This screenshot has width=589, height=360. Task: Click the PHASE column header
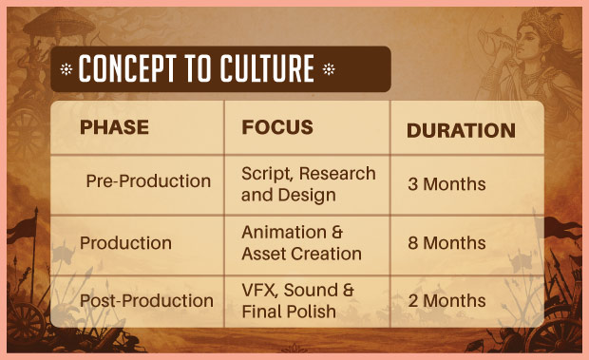(114, 127)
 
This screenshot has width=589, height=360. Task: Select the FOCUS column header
(277, 127)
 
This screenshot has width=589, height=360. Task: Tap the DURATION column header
(461, 131)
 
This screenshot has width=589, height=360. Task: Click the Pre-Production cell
(148, 180)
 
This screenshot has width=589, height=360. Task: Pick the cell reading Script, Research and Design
(309, 184)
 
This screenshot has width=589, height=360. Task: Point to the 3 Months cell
(446, 184)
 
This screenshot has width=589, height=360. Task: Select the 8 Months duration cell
(446, 243)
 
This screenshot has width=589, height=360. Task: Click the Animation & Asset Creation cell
(302, 243)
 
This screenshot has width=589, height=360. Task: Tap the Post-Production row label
(146, 301)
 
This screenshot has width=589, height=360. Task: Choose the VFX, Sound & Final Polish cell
(297, 301)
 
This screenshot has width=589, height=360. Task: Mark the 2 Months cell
(446, 301)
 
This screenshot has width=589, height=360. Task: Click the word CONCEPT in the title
(127, 68)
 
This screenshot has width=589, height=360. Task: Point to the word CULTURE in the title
(267, 68)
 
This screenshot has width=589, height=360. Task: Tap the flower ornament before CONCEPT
(66, 69)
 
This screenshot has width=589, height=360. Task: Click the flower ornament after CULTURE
(329, 69)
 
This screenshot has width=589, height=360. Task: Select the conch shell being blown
(494, 42)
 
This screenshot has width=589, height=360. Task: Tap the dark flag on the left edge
(22, 228)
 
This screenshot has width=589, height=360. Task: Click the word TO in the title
(199, 68)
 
